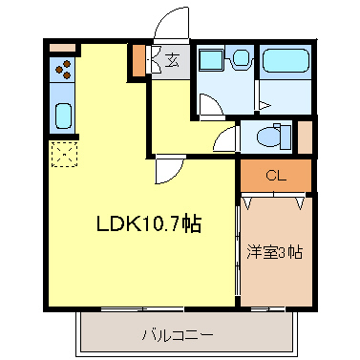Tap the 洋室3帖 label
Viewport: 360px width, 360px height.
pos(275,253)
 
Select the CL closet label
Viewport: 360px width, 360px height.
pos(275,176)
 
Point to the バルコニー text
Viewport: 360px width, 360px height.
pos(178,335)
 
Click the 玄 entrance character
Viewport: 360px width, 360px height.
pos(173,61)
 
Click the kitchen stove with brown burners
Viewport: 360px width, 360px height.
pos(64,69)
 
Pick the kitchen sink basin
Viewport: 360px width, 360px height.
pos(63,116)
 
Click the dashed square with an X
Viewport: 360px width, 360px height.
pos(63,153)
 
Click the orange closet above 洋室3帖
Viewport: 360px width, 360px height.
pos(275,176)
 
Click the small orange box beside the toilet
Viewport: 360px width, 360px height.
pos(305,135)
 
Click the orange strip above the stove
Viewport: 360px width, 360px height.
pos(61,46)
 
